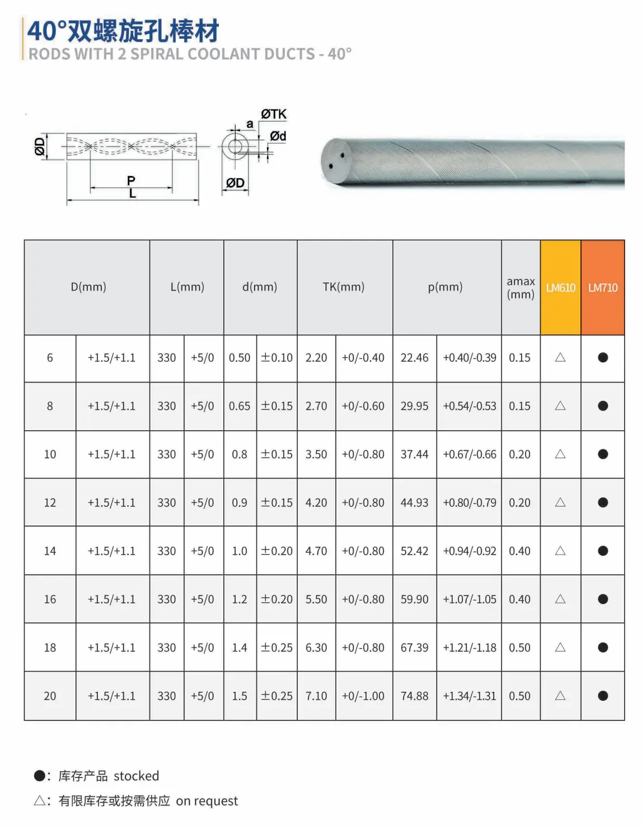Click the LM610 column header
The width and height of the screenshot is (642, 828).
[560, 287]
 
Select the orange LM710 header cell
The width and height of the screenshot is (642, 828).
[602, 287]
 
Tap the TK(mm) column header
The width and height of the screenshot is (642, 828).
[344, 287]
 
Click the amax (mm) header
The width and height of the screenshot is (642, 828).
[520, 288]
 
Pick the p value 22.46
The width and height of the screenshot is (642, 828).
[414, 358]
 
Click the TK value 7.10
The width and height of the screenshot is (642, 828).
[316, 696]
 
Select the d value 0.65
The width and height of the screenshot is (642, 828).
[240, 406]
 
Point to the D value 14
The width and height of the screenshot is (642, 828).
[50, 551]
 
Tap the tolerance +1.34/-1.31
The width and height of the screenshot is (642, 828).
[469, 696]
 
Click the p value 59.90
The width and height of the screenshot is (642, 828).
[414, 599]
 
